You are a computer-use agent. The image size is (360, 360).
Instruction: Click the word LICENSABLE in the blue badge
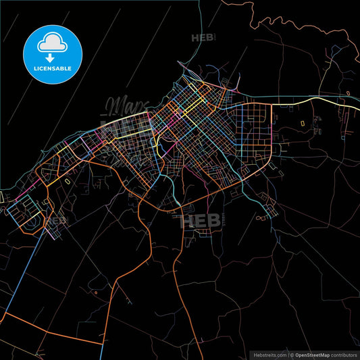pos(53,68)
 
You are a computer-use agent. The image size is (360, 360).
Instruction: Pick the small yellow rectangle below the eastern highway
pos(302,123)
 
